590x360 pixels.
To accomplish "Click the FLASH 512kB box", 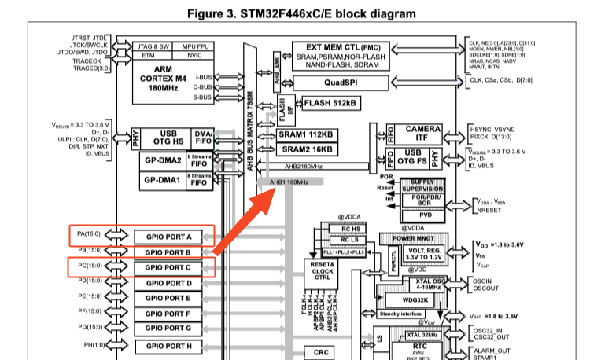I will click(x=330, y=103).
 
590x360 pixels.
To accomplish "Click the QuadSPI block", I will click(x=341, y=83).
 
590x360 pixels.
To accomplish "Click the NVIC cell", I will click(x=194, y=56).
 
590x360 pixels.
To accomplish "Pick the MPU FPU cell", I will click(x=194, y=46).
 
